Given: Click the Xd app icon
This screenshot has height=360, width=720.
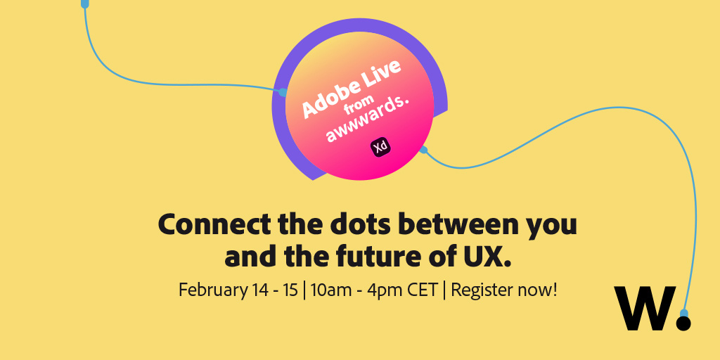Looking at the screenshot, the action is (380, 148).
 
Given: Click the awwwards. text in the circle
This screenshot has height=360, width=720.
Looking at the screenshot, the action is (367, 120).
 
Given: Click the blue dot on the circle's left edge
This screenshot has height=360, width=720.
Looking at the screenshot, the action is (283, 92).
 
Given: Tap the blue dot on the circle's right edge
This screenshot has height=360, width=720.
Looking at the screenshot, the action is (423, 149).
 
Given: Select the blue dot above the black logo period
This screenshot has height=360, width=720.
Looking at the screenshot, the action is (683, 313).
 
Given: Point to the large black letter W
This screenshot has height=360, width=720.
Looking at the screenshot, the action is (645, 308).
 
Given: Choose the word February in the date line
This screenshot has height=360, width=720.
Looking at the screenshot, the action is (212, 290).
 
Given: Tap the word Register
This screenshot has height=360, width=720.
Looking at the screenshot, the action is (482, 291).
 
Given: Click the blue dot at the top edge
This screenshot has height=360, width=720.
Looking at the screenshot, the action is (84, 4).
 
